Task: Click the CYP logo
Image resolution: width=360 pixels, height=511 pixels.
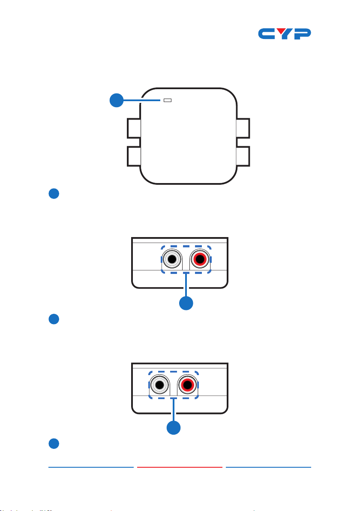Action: tap(285, 34)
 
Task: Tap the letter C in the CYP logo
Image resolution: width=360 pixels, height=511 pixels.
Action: tap(266, 34)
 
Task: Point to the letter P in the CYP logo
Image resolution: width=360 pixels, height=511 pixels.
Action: tap(302, 34)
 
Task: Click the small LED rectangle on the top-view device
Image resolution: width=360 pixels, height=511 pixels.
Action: tap(168, 100)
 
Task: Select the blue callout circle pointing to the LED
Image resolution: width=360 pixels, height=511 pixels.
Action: tap(116, 100)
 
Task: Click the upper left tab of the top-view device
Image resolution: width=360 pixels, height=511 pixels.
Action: tap(134, 129)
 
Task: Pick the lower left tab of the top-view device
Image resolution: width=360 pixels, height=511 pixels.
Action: tap(134, 156)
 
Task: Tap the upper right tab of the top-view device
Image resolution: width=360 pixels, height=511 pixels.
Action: tap(243, 129)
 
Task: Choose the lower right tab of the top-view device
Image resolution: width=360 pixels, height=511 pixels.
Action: tap(243, 156)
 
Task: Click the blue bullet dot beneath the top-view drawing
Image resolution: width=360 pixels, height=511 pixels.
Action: tap(54, 194)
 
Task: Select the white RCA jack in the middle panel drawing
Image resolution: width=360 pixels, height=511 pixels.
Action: tap(172, 259)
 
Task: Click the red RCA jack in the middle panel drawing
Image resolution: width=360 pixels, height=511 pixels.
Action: tap(200, 259)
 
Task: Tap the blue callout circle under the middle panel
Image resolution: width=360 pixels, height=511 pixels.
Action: tap(186, 303)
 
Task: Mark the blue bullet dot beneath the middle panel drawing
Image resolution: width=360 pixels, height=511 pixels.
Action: tap(54, 319)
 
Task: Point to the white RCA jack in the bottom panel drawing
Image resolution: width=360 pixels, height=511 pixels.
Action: tap(159, 385)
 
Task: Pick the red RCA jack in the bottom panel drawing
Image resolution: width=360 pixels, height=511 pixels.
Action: tap(187, 385)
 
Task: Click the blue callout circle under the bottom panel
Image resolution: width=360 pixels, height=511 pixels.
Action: tap(174, 427)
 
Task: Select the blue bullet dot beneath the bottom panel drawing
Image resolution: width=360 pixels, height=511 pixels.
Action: tap(54, 444)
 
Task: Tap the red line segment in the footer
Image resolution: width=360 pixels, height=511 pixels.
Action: tap(180, 467)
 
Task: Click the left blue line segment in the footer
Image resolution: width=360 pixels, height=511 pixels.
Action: tap(91, 467)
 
